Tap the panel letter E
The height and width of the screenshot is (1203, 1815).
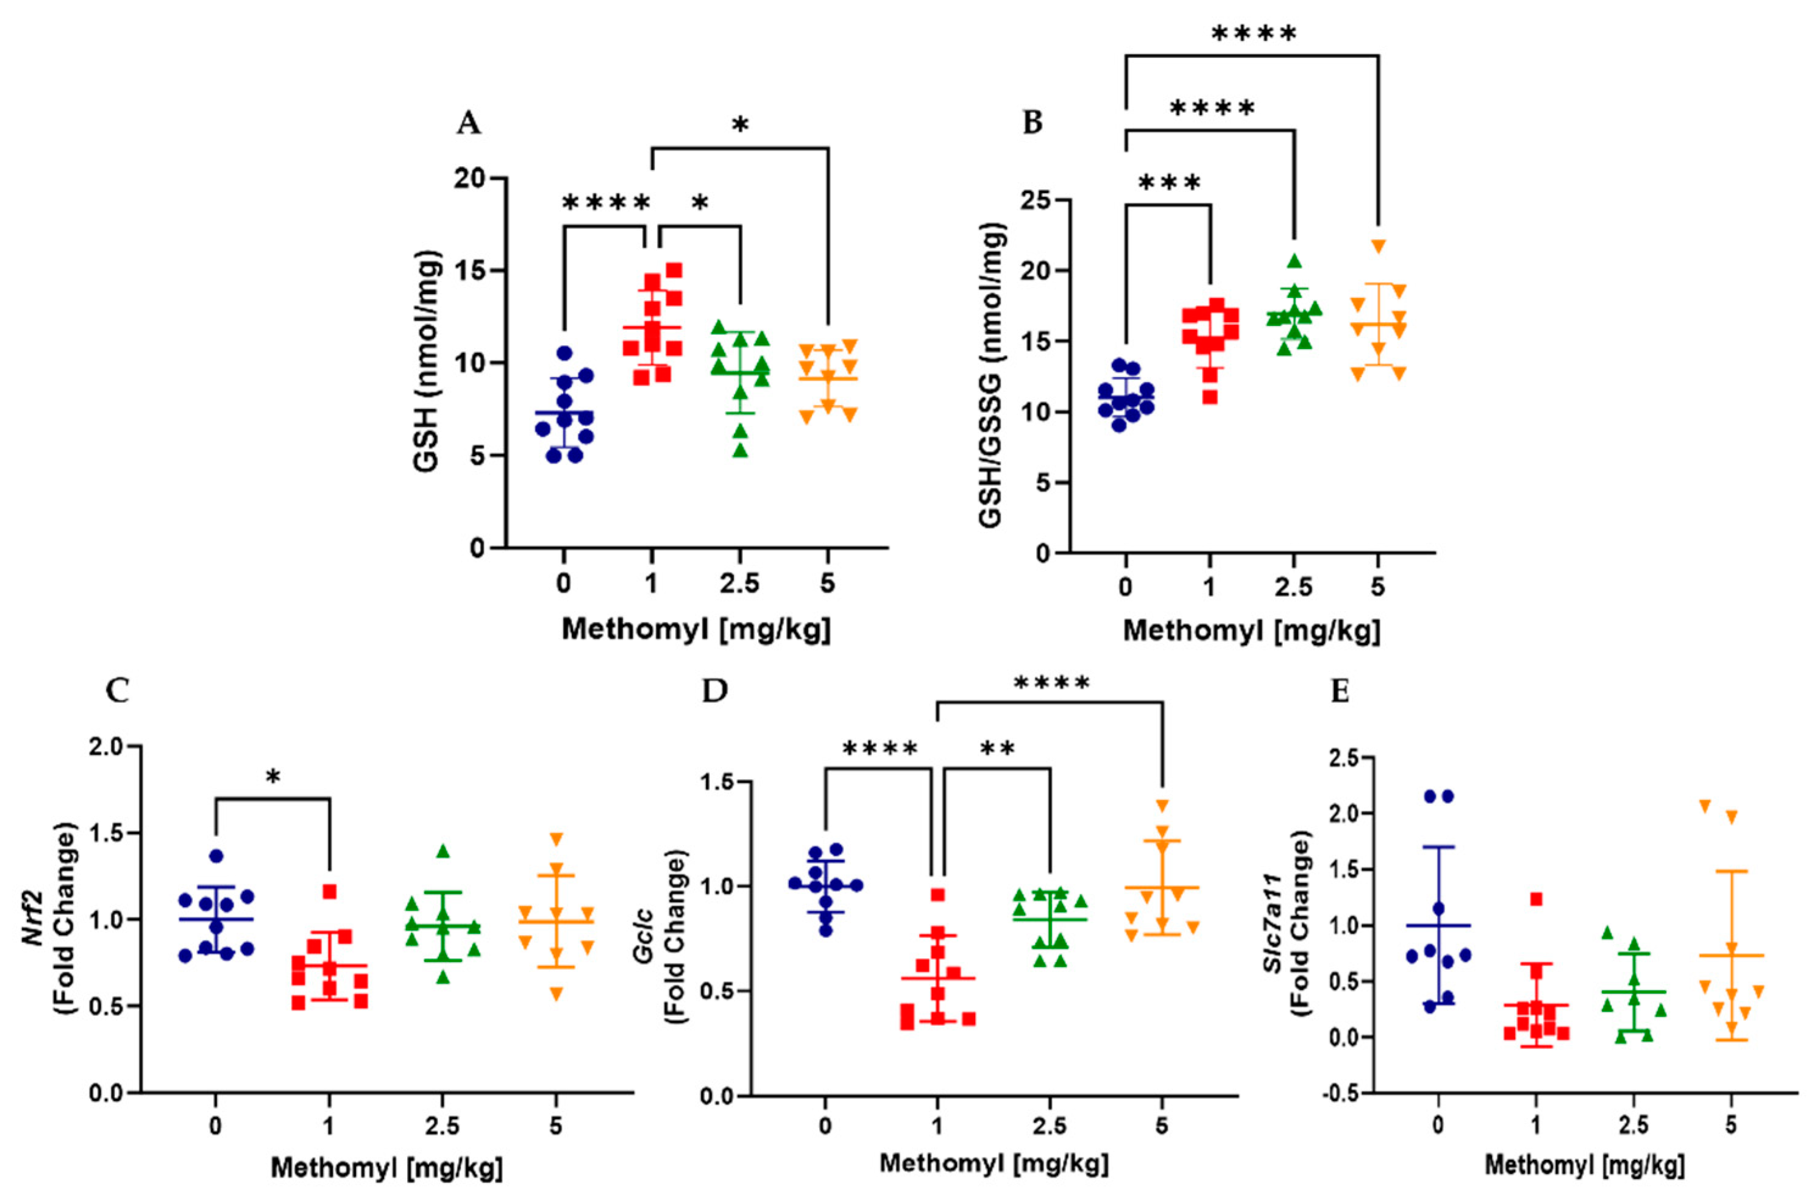1339,691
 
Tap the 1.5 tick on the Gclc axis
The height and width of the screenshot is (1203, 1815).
717,781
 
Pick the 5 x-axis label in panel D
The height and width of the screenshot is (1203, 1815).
1162,1126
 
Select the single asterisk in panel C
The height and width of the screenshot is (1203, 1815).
273,778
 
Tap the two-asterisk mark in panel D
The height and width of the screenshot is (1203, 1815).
997,750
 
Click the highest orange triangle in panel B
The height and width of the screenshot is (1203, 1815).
1379,246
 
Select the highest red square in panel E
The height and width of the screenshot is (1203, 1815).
1536,899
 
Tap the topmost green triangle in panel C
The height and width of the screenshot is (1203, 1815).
443,851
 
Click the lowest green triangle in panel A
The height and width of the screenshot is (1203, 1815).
740,450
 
